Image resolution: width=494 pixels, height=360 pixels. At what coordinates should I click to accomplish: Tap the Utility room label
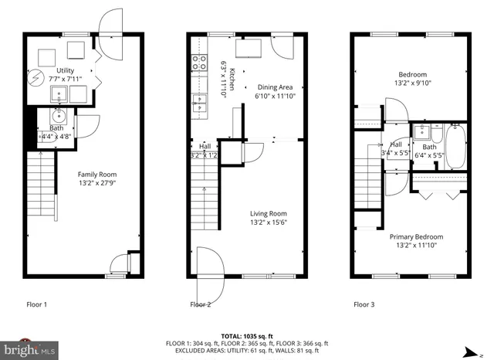point(66,70)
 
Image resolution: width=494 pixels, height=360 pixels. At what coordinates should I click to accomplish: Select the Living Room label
point(268,214)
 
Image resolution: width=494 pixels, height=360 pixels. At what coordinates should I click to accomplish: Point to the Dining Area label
point(276,87)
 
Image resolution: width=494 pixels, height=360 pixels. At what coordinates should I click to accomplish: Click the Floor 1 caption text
point(37,304)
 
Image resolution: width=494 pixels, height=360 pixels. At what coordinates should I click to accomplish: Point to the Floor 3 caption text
point(364,304)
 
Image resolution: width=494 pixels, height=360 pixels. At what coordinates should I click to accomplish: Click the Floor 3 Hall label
point(395,144)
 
